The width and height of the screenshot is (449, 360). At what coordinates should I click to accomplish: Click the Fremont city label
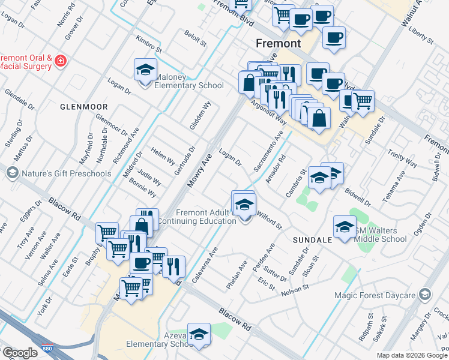point(278,44)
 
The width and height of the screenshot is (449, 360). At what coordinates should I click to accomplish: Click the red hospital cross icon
point(60,61)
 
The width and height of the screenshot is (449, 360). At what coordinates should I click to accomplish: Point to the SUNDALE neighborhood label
point(313,239)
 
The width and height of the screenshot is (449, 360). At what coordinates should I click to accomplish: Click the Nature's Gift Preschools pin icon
point(12,173)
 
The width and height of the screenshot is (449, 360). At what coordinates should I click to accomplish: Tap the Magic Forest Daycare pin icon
point(425,294)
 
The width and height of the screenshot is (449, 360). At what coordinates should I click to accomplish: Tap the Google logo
point(19,353)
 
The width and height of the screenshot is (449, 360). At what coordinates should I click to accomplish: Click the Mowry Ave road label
point(200,170)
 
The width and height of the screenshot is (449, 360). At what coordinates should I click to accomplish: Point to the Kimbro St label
point(149,43)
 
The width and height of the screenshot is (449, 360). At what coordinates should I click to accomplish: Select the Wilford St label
point(269,219)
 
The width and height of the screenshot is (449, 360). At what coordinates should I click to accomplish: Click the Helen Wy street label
point(163,158)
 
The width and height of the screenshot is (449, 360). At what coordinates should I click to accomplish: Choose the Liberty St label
point(421,35)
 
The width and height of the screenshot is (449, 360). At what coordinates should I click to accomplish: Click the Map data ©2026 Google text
point(412,355)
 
